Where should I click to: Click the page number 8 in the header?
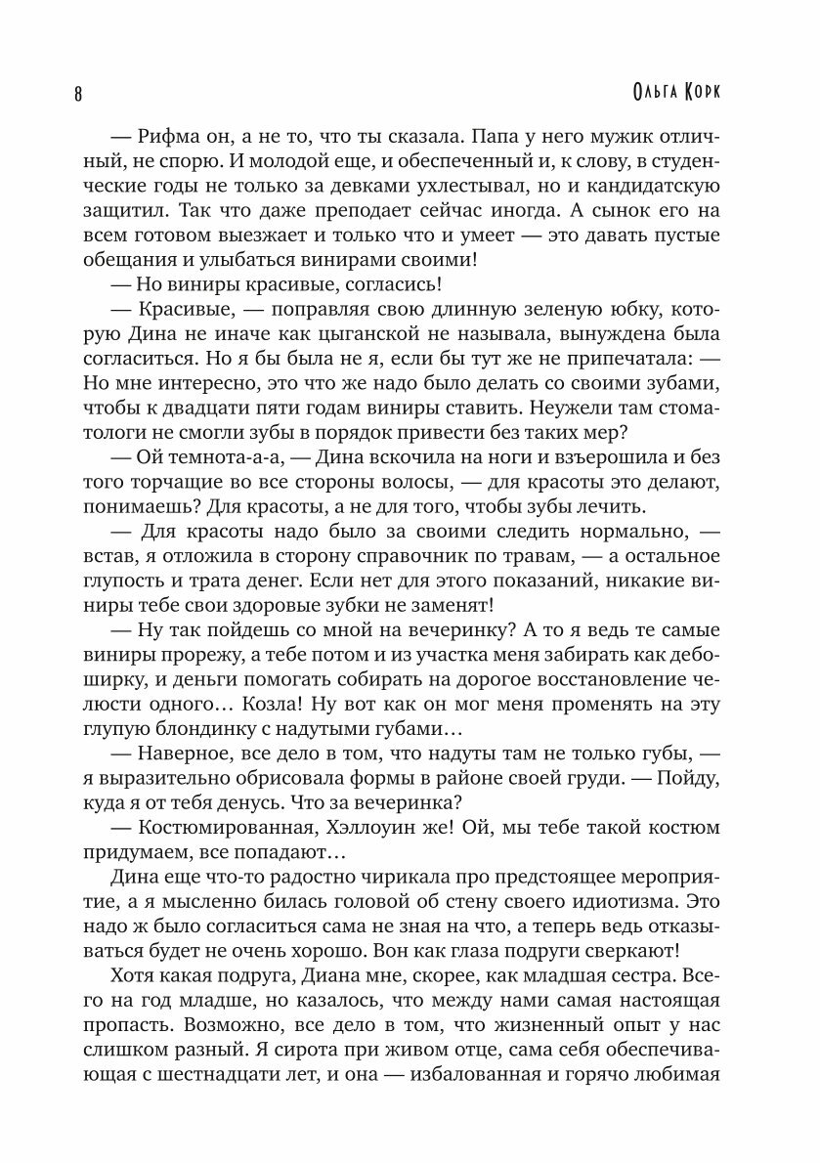pyautogui.click(x=77, y=95)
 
